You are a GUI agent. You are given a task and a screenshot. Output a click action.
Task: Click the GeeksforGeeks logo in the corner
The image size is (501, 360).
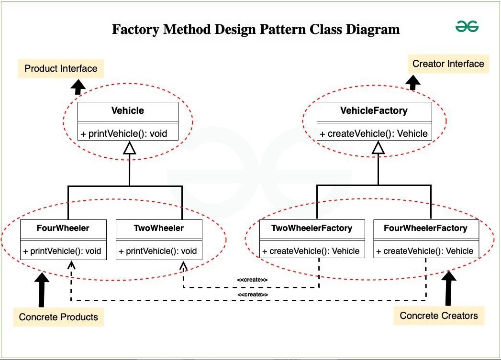click(x=467, y=26)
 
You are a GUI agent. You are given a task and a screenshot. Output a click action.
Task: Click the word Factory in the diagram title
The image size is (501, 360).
click(x=135, y=29)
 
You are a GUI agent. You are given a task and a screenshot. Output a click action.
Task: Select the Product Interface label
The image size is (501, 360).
click(x=61, y=68)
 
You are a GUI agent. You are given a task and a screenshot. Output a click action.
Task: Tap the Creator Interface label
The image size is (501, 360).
click(x=448, y=64)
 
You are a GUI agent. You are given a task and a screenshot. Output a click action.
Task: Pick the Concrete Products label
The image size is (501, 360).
click(x=58, y=317)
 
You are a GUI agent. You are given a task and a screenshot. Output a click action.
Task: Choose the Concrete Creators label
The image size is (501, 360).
click(x=439, y=316)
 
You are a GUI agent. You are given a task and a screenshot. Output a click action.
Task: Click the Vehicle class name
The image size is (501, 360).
click(x=127, y=111)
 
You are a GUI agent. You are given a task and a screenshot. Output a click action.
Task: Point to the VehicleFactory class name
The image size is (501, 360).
click(x=374, y=111)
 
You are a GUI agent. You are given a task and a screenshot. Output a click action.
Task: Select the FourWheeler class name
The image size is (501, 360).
click(x=63, y=228)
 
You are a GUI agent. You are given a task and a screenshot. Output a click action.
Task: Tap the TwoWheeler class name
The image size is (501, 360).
click(x=159, y=228)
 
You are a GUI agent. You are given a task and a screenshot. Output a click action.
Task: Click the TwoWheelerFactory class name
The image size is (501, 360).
click(x=312, y=228)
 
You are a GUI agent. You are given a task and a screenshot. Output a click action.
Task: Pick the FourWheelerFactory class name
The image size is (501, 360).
click(x=425, y=228)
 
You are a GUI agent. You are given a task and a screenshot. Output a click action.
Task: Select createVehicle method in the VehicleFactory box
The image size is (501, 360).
click(x=374, y=133)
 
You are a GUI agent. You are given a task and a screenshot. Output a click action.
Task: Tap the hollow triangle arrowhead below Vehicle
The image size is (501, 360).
click(x=129, y=148)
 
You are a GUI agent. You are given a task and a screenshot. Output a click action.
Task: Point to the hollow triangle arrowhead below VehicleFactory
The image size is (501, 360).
click(x=379, y=148)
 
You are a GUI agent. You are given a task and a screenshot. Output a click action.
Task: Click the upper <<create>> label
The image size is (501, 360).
click(x=252, y=280)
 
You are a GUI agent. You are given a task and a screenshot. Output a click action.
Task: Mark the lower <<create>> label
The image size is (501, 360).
click(x=253, y=295)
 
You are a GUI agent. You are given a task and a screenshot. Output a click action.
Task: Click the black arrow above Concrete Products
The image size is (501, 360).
click(x=42, y=289)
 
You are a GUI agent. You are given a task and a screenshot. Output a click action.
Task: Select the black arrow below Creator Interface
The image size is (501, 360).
click(x=413, y=82)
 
